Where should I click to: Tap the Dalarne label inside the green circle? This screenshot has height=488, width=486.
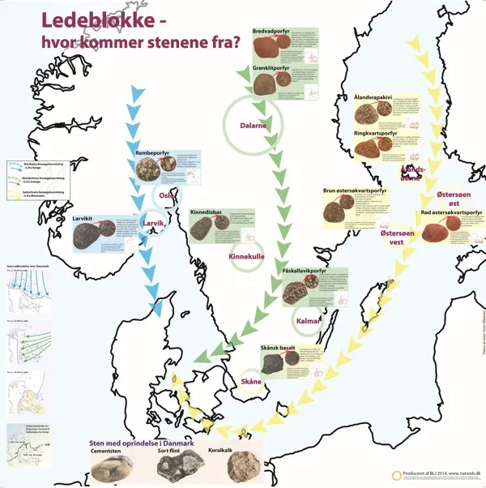pos(254,126)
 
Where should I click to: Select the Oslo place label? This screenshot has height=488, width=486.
pos(168,195)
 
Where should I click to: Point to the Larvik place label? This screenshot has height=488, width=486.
pos(154,223)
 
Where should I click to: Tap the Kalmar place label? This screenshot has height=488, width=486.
pos(309,321)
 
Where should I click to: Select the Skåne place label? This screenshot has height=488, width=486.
pos(252,381)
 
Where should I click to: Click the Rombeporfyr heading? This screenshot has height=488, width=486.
pos(157,151)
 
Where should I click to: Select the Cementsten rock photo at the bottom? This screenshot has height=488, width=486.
pos(112,468)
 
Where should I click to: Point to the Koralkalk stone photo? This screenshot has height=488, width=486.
pos(242,467)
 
